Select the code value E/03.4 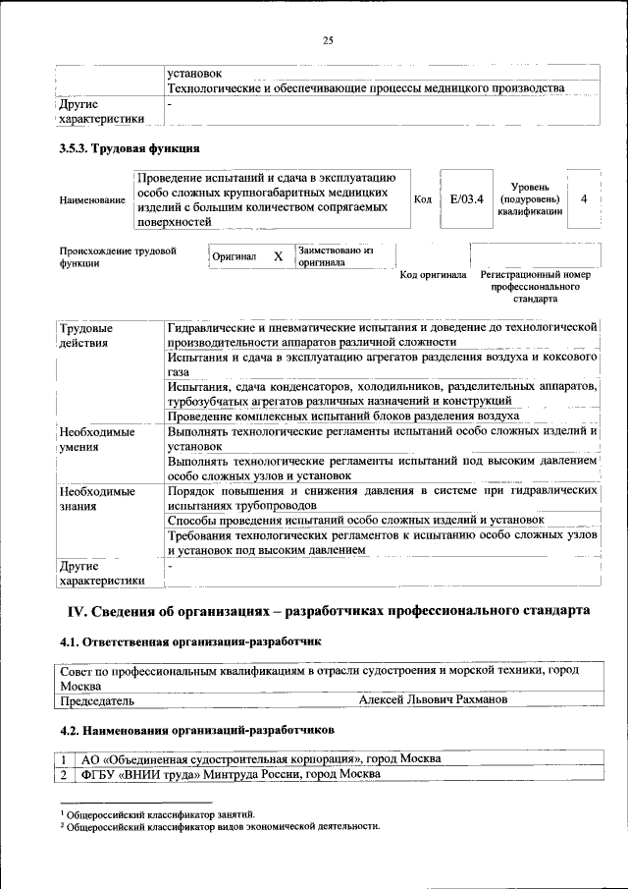tap(467, 199)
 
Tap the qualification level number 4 tap(585, 199)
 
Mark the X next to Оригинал tap(278, 256)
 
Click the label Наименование tap(92, 200)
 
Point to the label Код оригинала tap(433, 275)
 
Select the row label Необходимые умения tap(96, 438)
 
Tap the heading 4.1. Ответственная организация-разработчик tap(190, 641)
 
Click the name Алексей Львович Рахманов tap(433, 700)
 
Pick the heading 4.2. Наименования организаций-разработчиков tap(197, 731)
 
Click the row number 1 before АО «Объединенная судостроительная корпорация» tap(64, 759)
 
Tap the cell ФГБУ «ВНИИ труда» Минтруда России tap(232, 774)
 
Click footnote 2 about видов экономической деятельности tap(220, 826)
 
